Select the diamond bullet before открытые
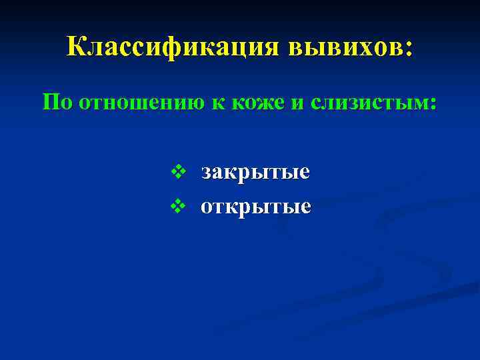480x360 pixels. [x=177, y=207]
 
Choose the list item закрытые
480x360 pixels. [x=255, y=172]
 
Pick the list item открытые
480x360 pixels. [x=256, y=207]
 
